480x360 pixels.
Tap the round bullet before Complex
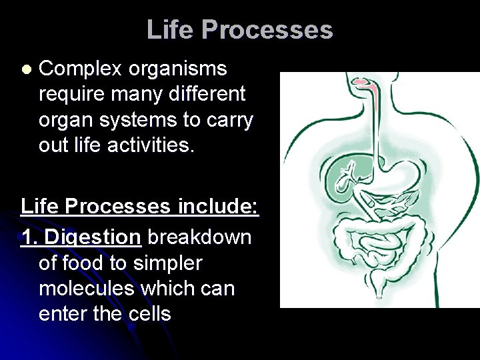pyautogui.click(x=26, y=69)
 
